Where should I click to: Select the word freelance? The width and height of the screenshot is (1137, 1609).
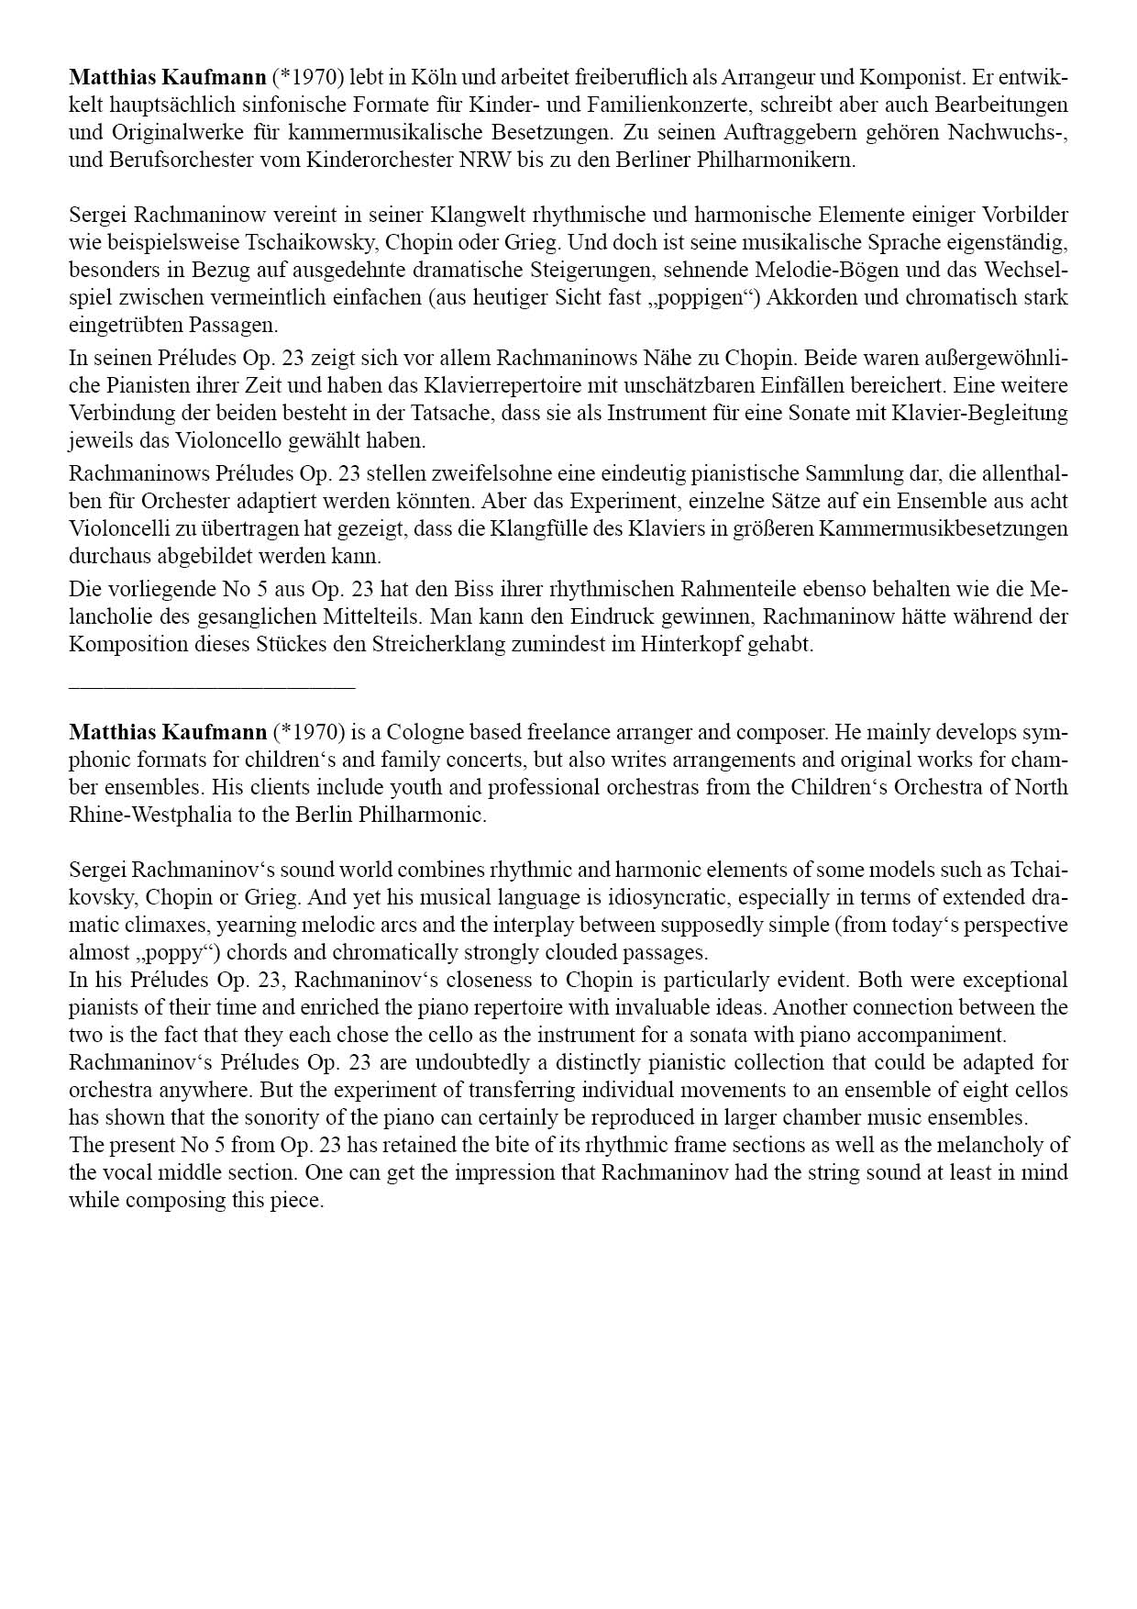coord(524,732)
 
